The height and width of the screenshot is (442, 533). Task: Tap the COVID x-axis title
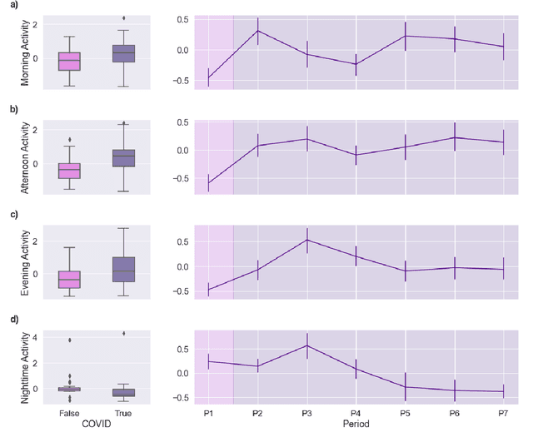tap(95, 425)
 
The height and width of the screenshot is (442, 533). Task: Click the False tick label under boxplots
tap(69, 412)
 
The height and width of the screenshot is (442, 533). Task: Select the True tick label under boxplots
tap(122, 412)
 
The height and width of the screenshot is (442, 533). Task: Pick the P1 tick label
tap(208, 412)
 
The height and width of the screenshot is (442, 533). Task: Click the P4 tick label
tap(356, 412)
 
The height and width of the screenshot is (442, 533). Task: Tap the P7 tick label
tap(503, 412)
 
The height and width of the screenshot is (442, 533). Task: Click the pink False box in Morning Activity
tap(69, 61)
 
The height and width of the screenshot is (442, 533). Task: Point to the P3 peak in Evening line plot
tap(306, 240)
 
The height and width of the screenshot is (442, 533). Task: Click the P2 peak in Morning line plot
tap(257, 31)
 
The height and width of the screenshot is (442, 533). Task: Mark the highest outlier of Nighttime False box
tap(69, 340)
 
